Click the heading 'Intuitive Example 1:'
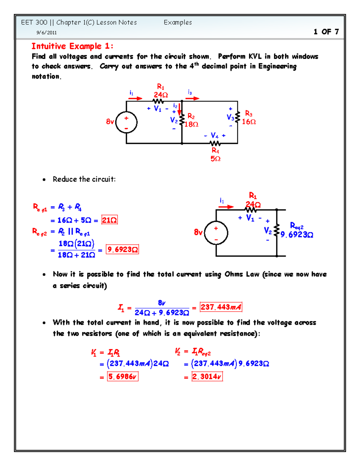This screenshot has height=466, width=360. [72, 46]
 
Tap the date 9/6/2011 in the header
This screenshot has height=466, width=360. [46, 33]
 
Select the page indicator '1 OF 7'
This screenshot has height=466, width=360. [326, 32]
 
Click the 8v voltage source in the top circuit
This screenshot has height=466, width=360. [126, 122]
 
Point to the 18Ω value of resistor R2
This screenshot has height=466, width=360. [191, 124]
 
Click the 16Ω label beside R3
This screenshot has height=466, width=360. [249, 122]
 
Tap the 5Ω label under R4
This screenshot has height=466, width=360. [215, 158]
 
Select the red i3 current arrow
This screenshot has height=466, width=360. [193, 98]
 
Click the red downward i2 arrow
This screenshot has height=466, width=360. [179, 109]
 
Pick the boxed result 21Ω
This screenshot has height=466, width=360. [109, 220]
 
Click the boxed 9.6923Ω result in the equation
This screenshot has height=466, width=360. [122, 249]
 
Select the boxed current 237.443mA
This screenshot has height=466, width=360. [221, 307]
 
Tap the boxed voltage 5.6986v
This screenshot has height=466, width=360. [122, 376]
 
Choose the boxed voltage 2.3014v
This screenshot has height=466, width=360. [207, 376]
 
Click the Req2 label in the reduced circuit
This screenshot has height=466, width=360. [297, 226]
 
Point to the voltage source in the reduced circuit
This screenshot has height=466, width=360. [216, 233]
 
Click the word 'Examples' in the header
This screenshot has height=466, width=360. [178, 23]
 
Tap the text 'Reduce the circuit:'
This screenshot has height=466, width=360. [84, 179]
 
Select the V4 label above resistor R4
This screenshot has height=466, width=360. [214, 135]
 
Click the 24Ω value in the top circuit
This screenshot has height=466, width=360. [161, 95]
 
